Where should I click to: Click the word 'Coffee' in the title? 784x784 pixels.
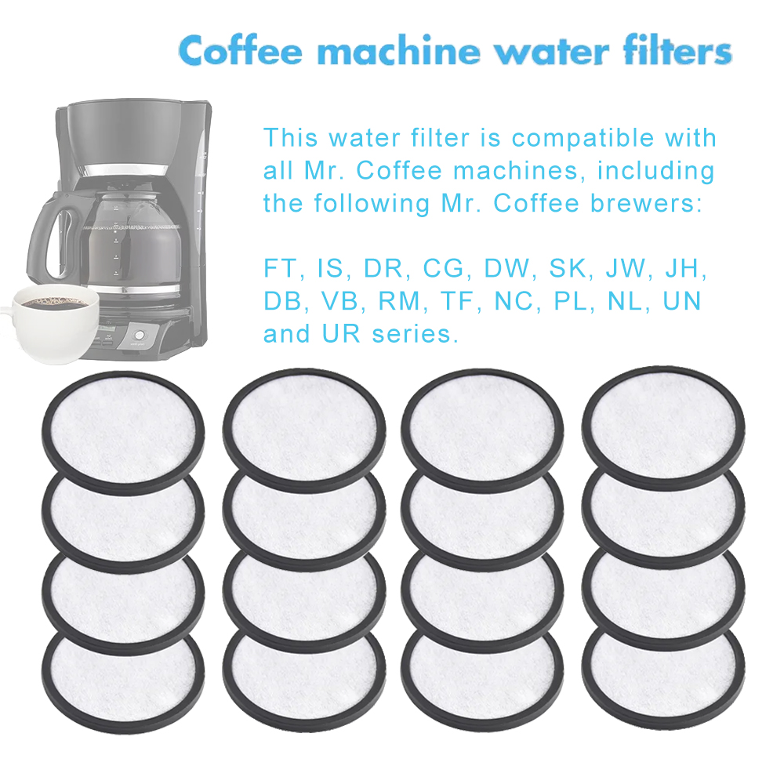241,50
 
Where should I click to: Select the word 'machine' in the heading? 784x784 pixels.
399,50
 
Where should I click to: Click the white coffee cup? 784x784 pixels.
52,322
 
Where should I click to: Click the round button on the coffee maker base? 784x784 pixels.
140,335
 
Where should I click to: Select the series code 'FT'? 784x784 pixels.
280,268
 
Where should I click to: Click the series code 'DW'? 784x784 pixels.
506,268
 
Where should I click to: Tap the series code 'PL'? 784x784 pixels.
571,301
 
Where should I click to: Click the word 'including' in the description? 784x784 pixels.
656,171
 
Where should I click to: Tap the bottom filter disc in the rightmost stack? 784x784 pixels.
663,678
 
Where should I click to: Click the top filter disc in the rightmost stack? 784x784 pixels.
663,429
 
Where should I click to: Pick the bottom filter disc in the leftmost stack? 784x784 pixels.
123,683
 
